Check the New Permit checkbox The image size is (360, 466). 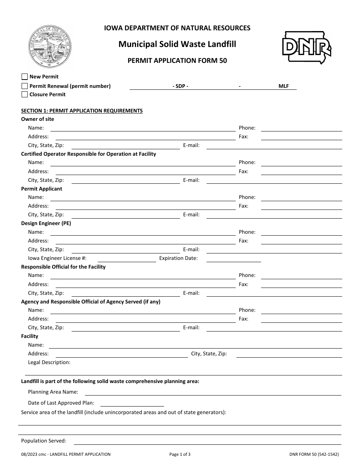pyautogui.click(x=25, y=77)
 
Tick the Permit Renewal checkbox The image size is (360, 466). pyautogui.click(x=25, y=86)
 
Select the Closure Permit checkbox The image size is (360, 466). pyautogui.click(x=25, y=95)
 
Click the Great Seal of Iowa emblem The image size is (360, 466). pyautogui.click(x=50, y=46)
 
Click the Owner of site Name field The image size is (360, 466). pyautogui.click(x=142, y=128)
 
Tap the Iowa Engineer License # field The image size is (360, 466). pyautogui.click(x=127, y=258)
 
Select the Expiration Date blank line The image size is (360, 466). pyautogui.click(x=233, y=258)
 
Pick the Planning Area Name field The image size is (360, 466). pyautogui.click(x=213, y=392)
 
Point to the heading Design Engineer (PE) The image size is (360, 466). pyautogui.click(x=46, y=223)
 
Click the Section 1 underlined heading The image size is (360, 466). pyautogui.click(x=82, y=111)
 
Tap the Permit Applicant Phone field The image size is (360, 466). pyautogui.click(x=302, y=197)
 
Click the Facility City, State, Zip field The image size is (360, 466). pyautogui.click(x=289, y=353)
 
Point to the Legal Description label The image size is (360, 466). pyautogui.click(x=49, y=362)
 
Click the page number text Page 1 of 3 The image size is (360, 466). pyautogui.click(x=180, y=454)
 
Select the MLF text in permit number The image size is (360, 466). pyautogui.click(x=283, y=86)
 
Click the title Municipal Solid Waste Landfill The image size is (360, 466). pyautogui.click(x=177, y=44)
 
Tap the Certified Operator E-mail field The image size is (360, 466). pyautogui.click(x=274, y=180)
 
